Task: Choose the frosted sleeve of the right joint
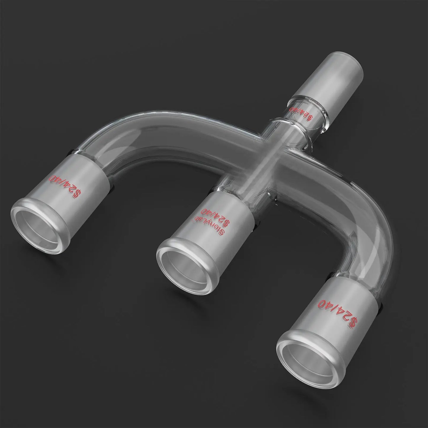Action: coord(335,305)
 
